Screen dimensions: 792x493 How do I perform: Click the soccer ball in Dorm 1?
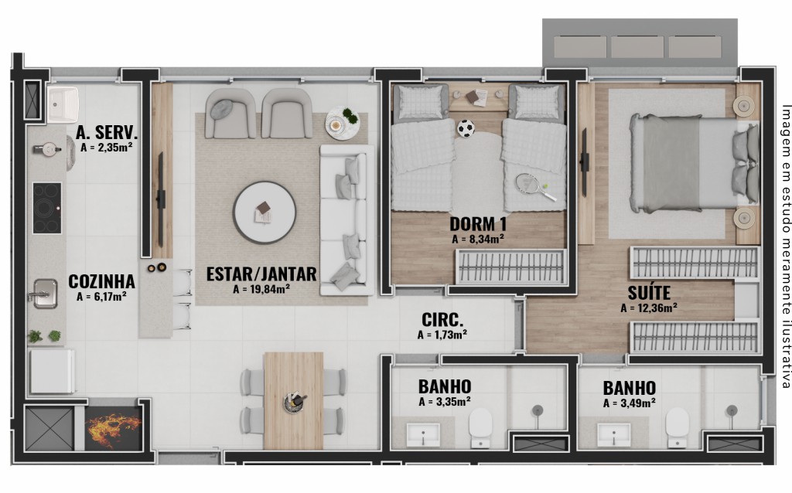point(466,128)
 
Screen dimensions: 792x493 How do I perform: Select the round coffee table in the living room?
point(265,212)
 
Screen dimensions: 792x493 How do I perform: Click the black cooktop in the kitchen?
point(47,208)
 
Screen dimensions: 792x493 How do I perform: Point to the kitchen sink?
point(44,293)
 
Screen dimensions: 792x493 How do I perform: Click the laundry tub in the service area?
point(63,104)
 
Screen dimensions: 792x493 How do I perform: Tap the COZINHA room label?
point(101,281)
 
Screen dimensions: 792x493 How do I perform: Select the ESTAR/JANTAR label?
point(261,274)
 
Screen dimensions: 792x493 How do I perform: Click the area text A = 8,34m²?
point(477,239)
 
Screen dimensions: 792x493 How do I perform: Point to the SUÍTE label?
point(649,293)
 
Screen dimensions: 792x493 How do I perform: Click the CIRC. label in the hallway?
point(442,320)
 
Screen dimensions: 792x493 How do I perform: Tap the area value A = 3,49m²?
point(630,403)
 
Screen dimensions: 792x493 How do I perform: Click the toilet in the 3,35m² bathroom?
point(480,428)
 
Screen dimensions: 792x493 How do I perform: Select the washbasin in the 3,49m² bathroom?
point(613,434)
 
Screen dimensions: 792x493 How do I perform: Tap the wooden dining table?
point(293,400)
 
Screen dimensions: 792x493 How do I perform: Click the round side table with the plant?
point(342,123)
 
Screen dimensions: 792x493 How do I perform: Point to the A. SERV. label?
point(107,132)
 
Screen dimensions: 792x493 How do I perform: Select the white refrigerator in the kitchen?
point(52,372)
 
